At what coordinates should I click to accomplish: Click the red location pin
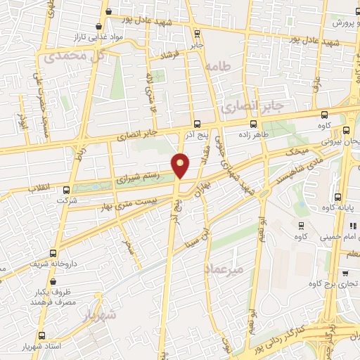[x=181, y=165]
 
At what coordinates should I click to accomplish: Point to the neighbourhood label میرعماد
[x=224, y=269]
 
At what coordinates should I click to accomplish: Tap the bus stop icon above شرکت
[x=66, y=189]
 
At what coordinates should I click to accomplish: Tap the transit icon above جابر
[x=196, y=32]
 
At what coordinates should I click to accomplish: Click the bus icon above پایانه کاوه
[x=338, y=197]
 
